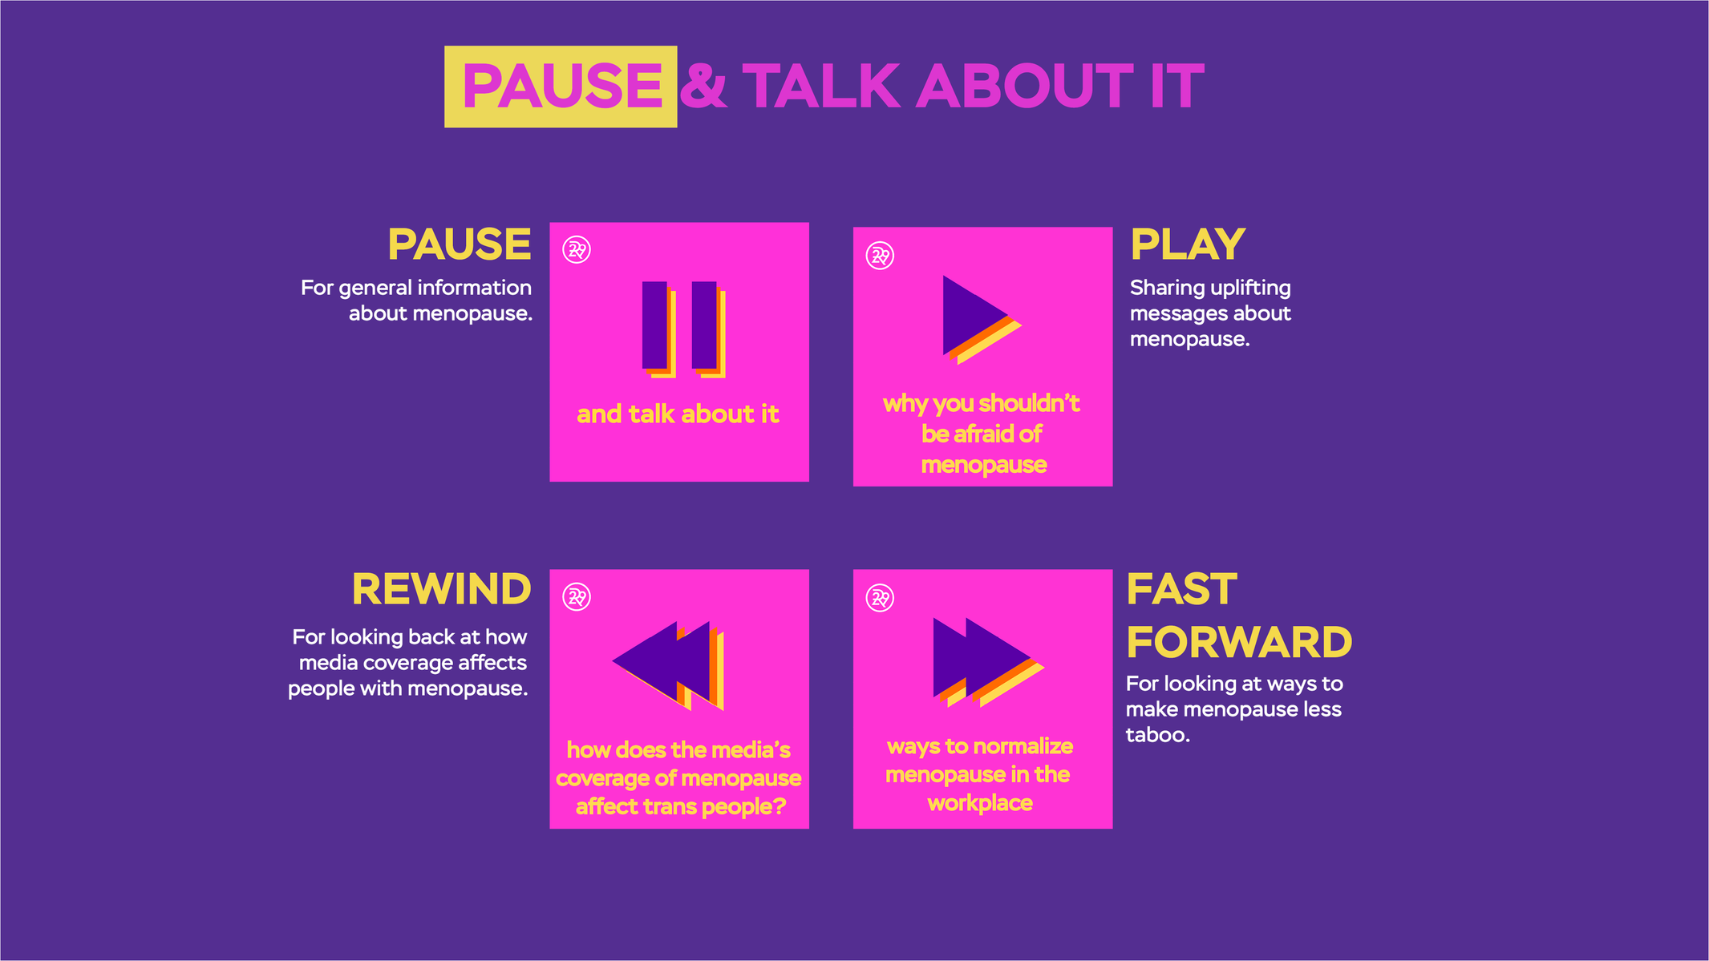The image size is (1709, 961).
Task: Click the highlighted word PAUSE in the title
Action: tap(561, 86)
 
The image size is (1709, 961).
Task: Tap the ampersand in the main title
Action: tap(703, 86)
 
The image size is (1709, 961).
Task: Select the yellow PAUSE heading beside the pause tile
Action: tap(460, 244)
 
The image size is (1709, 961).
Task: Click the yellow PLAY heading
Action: tap(1188, 244)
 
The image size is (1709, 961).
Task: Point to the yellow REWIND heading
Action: tap(442, 590)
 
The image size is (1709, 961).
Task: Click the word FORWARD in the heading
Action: tap(1239, 642)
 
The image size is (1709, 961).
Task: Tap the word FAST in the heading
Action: tap(1182, 589)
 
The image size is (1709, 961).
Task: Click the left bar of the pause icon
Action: tap(655, 325)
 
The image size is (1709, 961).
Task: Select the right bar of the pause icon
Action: tap(704, 325)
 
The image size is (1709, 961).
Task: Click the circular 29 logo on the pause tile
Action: tap(577, 250)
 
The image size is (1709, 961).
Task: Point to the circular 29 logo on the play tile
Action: tap(880, 256)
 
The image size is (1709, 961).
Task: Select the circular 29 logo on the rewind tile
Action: tap(577, 597)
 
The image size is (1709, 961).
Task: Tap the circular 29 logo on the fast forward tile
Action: tap(880, 598)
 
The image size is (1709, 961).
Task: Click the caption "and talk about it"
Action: tap(678, 414)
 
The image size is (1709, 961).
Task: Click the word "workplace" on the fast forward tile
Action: tap(980, 803)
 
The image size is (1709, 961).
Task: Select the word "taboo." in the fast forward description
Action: tap(1157, 735)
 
